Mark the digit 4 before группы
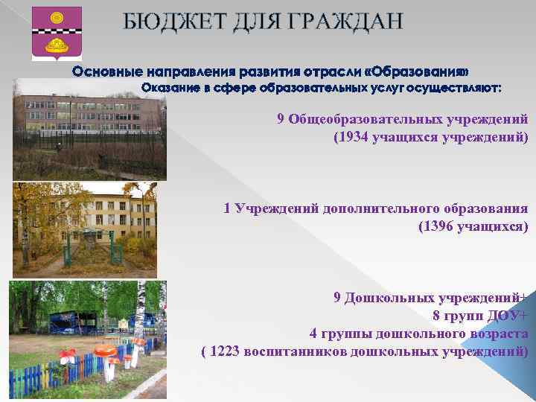click(x=313, y=333)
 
